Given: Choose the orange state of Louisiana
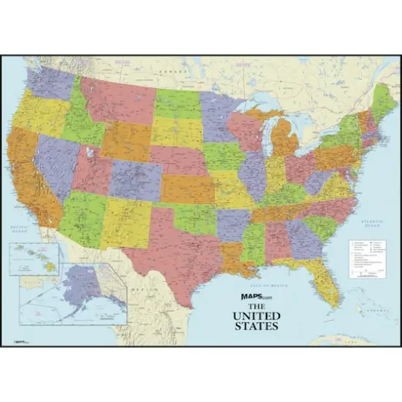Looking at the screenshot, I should coord(234,256).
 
